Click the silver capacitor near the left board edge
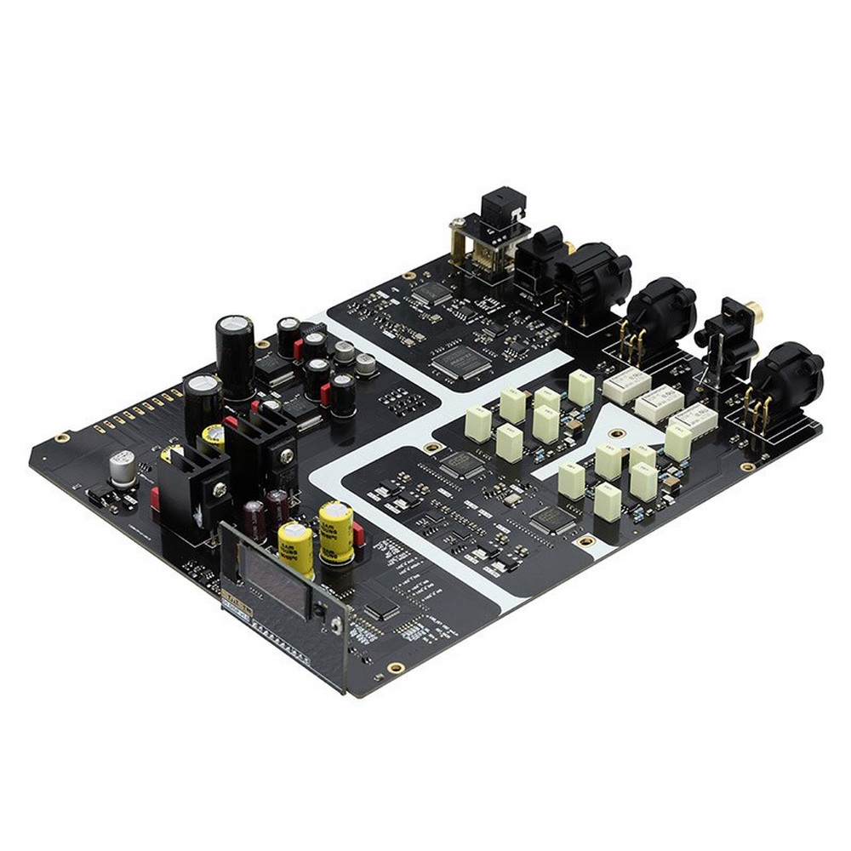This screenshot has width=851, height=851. click(123, 467)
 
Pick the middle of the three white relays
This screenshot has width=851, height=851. click(659, 403)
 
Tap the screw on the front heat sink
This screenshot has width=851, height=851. click(220, 488)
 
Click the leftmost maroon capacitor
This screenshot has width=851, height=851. click(254, 519)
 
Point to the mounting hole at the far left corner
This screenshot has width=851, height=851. click(61, 437)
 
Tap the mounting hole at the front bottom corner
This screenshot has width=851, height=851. click(394, 666)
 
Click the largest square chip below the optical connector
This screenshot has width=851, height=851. click(462, 363)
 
